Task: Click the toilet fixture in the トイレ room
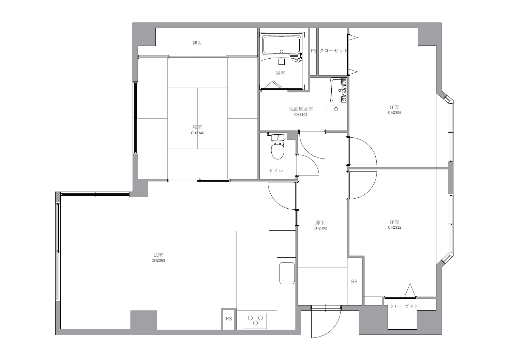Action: pos(277,147)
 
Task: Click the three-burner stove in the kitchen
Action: pos(255,321)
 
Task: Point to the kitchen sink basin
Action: pos(287,273)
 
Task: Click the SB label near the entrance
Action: pos(354,282)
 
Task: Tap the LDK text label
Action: pos(158,255)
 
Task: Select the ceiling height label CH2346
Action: pos(197,133)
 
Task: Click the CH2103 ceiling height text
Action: pos(301,115)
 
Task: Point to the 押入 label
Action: pos(197,43)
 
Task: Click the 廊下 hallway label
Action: pos(320,223)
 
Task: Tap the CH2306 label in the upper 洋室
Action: pos(394,112)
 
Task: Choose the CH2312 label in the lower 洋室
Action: pos(394,227)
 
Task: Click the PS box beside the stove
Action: pos(229,319)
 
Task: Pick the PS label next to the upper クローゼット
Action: pos(314,51)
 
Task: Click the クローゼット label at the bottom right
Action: pos(404,306)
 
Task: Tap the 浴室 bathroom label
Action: pos(281,73)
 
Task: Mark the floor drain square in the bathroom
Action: pos(282,62)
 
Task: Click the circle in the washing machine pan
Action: pos(336,109)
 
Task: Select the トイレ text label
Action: pos(276,170)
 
